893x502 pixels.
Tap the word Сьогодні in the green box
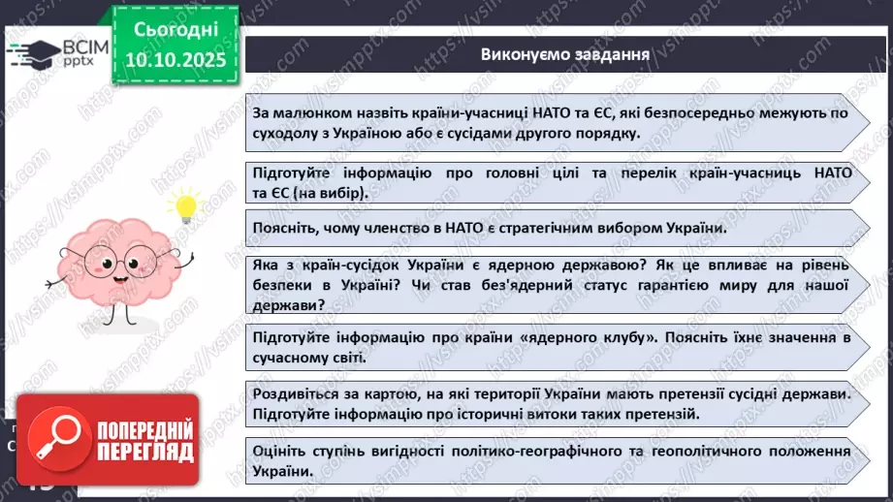click(175, 33)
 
